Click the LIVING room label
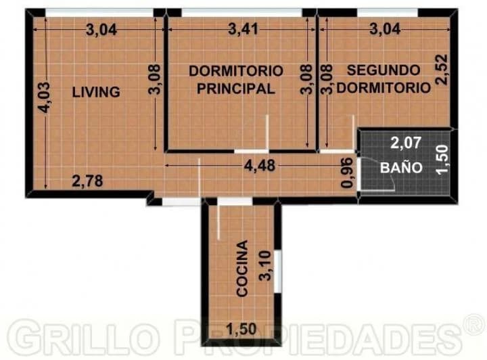(x=96, y=92)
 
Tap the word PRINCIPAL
(x=236, y=89)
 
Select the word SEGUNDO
(x=384, y=70)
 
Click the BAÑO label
(x=401, y=167)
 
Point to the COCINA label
(x=242, y=268)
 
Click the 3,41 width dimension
(x=243, y=30)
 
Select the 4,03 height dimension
(x=43, y=97)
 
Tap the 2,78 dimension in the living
(x=87, y=181)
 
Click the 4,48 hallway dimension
(x=260, y=166)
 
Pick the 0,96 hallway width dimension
(x=347, y=173)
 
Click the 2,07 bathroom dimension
(x=406, y=143)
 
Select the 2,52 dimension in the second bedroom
(x=442, y=70)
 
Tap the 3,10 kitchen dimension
(x=266, y=266)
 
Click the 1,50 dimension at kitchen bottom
(x=241, y=329)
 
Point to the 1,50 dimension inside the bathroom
(x=442, y=160)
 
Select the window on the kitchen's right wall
(x=278, y=271)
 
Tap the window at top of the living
(x=99, y=13)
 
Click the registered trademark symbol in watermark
(x=474, y=325)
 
